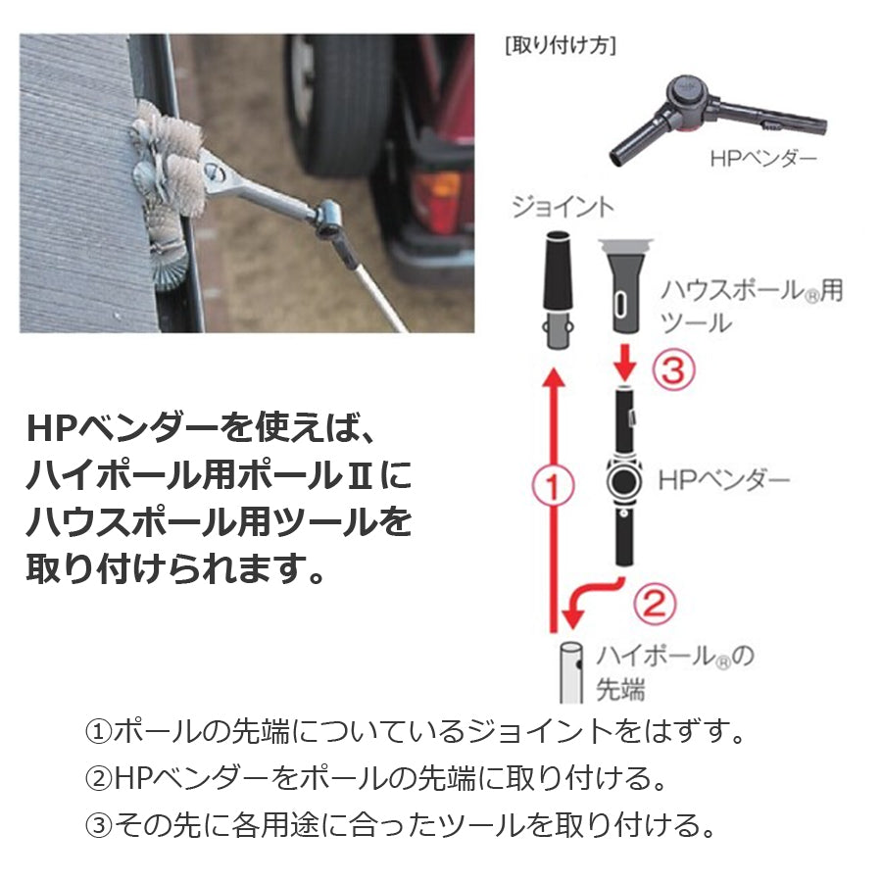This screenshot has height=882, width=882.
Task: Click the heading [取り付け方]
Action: click(561, 45)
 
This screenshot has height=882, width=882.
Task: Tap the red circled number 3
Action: click(673, 370)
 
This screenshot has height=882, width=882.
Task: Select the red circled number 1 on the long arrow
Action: click(554, 486)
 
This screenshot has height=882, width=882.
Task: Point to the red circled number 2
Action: click(655, 603)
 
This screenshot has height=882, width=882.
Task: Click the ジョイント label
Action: click(563, 207)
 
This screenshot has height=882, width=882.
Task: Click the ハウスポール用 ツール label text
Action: click(752, 307)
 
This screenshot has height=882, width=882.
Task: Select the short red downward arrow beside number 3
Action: click(625, 363)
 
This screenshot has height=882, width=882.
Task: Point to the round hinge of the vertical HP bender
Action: click(624, 481)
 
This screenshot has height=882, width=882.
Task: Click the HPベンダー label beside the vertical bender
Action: click(724, 480)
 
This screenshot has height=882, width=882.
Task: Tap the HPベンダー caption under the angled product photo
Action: click(762, 159)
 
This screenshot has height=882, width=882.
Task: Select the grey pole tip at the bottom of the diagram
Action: click(571, 672)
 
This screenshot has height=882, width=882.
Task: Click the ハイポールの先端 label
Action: click(675, 672)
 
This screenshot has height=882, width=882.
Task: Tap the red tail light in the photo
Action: click(439, 194)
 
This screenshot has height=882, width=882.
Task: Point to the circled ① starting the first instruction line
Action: click(99, 732)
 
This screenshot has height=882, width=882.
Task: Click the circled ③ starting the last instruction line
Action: click(99, 825)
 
